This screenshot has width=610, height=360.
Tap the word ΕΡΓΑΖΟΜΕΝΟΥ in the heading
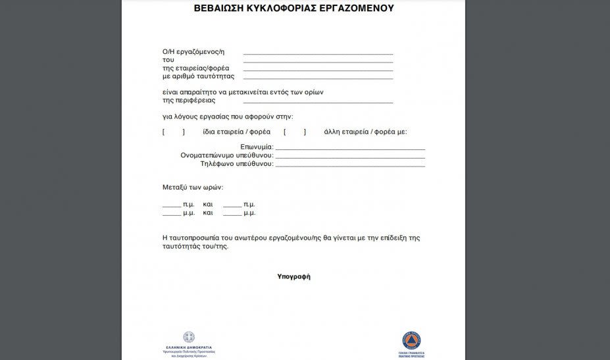click(354, 9)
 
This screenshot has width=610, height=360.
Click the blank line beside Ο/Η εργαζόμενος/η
click(318, 53)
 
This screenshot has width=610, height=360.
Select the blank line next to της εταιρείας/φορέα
click(318, 69)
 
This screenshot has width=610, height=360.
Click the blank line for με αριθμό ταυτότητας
click(318, 78)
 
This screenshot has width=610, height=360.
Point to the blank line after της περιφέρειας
click(318, 102)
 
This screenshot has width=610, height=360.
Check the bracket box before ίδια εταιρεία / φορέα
click(174, 132)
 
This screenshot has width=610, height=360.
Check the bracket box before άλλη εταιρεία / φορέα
click(295, 132)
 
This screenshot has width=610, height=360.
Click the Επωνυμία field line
click(350, 149)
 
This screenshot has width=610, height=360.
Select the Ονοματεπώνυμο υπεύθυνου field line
click(350, 157)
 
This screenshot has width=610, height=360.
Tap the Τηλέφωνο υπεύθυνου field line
click(350, 165)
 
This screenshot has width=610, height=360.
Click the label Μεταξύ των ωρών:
click(193, 188)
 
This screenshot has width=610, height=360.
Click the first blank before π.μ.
click(172, 206)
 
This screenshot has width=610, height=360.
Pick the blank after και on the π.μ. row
click(232, 206)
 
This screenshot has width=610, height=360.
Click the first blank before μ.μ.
click(172, 215)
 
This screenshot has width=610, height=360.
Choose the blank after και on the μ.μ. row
click(232, 215)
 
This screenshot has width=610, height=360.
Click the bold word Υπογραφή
click(293, 276)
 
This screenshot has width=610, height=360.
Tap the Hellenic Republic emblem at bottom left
click(189, 337)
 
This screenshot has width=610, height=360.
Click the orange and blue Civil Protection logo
click(411, 340)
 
